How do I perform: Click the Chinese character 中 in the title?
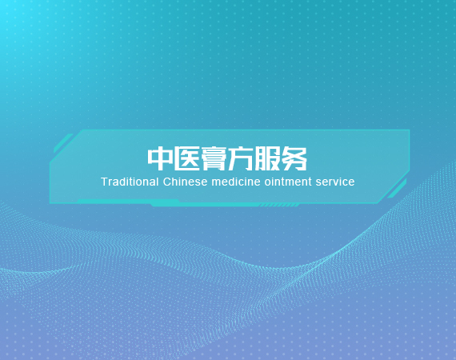pyautogui.click(x=160, y=158)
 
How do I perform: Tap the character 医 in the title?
pyautogui.click(x=186, y=158)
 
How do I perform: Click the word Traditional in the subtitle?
pyautogui.click(x=130, y=182)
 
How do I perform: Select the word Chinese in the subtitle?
pyautogui.click(x=186, y=182)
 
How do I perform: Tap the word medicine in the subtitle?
pyautogui.click(x=236, y=182)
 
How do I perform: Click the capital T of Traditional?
pyautogui.click(x=105, y=182)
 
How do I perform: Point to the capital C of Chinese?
pyautogui.click(x=167, y=182)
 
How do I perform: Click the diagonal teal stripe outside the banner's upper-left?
pyautogui.click(x=63, y=143)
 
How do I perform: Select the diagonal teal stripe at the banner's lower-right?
pyautogui.click(x=398, y=189)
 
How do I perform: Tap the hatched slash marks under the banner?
pyautogui.click(x=278, y=206)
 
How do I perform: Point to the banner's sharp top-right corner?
pyautogui.click(x=410, y=130)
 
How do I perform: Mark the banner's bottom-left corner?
pyautogui.click(x=50, y=203)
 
